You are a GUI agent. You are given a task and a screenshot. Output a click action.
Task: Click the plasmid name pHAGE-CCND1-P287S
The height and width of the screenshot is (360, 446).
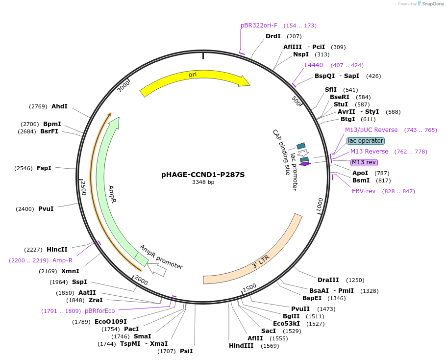click(203, 175)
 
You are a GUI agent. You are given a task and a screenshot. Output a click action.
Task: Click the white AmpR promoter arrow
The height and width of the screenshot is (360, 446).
click(157, 269)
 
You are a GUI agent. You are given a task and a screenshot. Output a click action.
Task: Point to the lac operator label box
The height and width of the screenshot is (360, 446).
click(366, 141)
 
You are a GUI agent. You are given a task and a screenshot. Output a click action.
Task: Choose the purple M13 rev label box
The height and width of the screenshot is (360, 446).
click(364, 162)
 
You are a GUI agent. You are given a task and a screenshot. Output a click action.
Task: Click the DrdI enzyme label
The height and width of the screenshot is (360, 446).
click(273, 36)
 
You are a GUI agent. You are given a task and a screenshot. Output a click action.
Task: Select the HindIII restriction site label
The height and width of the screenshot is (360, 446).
click(241, 345)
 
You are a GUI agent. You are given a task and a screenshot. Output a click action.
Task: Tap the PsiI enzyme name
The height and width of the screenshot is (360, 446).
click(186, 351)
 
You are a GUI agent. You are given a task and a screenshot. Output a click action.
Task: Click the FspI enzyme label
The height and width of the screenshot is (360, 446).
click(44, 168)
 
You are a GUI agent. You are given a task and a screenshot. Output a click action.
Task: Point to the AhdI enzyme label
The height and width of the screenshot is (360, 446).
click(59, 106)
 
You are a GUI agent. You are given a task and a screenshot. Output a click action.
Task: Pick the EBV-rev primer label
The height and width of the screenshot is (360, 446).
click(364, 191)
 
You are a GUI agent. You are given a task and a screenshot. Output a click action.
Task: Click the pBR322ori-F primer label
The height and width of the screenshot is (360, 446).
click(259, 26)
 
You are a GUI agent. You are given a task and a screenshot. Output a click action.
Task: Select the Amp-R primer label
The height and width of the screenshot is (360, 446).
click(63, 260)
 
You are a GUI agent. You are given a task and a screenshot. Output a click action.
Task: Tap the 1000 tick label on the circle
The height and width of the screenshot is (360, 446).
click(320, 205)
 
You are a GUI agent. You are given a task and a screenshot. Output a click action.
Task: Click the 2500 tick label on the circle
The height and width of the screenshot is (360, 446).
click(82, 188)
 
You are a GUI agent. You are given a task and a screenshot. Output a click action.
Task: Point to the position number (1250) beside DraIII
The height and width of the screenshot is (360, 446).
click(355, 280)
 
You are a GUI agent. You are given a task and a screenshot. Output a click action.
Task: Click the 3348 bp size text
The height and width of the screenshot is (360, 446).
click(203, 182)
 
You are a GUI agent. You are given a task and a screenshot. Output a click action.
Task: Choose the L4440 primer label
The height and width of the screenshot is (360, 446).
click(314, 65)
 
